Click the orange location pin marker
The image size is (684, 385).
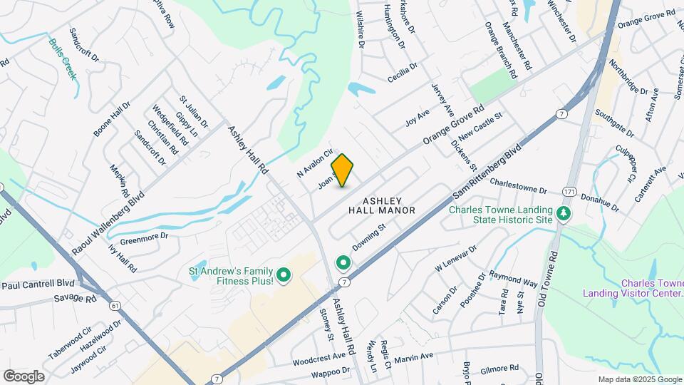coord(343,170)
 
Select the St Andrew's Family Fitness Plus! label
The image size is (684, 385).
coord(232,275)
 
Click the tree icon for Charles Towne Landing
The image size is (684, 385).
coord(564,214)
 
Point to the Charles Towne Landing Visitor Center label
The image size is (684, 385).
coord(633,288)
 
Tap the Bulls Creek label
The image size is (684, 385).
coord(63,58)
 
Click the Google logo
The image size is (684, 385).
coord(24,376)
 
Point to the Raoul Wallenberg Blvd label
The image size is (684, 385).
coord(109,222)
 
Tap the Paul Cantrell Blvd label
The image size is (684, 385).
coord(38,285)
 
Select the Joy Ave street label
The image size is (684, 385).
coord(418,114)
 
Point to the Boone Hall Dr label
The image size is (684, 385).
coord(112,119)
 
